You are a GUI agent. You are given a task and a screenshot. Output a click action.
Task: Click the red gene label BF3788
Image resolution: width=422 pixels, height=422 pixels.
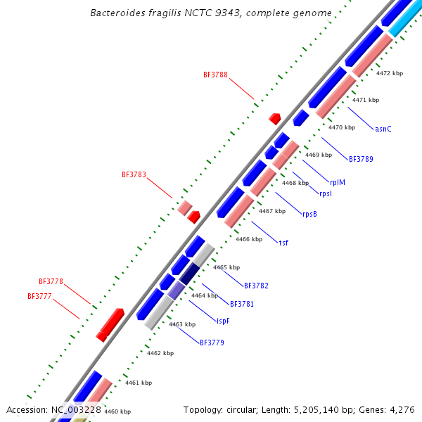coord(215,75)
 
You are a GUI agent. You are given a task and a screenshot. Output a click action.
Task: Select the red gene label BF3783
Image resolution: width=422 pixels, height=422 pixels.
coord(134,174)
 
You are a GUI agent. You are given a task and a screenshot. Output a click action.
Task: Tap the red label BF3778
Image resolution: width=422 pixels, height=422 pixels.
coord(51,281)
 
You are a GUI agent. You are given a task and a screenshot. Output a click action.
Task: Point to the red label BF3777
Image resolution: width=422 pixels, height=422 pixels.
coord(39,297)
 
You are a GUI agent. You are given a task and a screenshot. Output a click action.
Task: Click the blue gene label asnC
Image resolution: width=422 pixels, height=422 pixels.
coord(383,129)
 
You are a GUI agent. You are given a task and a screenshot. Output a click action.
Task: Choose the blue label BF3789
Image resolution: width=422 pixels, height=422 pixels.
coord(361,159)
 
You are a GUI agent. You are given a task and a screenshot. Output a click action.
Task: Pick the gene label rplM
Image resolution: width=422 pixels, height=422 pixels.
coord(338,183)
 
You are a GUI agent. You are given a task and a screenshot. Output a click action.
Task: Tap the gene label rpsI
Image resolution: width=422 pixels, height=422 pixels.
coord(326,194)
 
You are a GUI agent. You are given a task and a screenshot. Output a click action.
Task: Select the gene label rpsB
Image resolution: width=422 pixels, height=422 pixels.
coord(309,215)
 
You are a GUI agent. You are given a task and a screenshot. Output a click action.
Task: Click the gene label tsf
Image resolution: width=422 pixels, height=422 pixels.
coord(283,243)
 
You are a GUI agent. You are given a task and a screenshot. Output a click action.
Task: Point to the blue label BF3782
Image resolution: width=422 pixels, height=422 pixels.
coord(256,286)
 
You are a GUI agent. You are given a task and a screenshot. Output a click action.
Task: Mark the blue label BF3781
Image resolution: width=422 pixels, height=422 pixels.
coord(242,304)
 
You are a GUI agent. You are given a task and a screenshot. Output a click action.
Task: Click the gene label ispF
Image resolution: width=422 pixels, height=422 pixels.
coord(222,321)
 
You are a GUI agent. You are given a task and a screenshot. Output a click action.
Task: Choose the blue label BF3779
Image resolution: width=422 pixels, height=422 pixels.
coord(212,343)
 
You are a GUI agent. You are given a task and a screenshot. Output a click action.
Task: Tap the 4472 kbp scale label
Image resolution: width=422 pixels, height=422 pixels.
coord(390,73)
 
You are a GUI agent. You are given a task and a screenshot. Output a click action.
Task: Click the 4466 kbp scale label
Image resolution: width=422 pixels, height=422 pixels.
coord(249,240)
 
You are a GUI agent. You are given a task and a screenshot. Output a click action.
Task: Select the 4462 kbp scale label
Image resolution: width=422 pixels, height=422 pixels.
coord(160,354)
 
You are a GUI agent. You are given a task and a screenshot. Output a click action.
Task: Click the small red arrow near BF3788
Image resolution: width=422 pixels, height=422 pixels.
coord(275,118)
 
